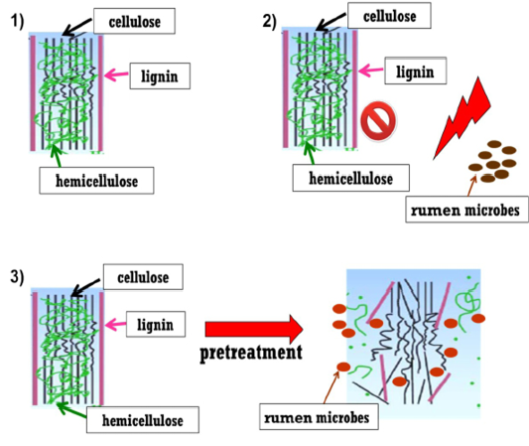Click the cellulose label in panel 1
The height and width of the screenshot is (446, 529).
point(134,21)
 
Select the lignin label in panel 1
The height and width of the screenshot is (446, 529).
point(160,75)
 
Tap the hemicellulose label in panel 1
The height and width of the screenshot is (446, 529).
point(96,181)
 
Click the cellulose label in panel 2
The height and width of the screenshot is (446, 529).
point(389,16)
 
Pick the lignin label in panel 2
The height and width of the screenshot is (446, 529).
point(416,71)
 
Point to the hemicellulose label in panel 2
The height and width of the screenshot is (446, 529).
point(351,178)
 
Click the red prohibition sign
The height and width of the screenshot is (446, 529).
point(378,121)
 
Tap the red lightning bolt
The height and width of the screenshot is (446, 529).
point(463,118)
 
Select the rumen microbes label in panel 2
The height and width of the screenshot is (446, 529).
point(466,210)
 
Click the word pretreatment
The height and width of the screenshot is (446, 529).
point(251,353)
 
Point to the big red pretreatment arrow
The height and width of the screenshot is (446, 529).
point(254,329)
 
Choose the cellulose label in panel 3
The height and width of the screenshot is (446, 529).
point(143,277)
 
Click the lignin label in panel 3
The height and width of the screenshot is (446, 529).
point(156,324)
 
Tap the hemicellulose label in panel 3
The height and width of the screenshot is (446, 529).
point(143,420)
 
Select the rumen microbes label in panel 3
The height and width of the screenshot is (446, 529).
point(319,416)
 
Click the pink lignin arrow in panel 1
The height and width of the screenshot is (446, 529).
point(116,74)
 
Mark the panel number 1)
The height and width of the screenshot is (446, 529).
point(18,21)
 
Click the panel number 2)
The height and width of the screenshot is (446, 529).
point(270,21)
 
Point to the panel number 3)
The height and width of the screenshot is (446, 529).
point(18,277)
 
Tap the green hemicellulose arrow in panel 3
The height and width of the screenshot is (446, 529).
point(71,410)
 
